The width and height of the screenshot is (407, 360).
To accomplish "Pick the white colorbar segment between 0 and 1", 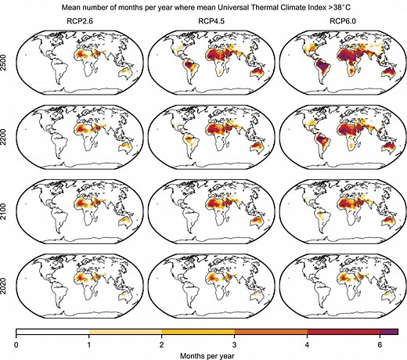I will click(x=52, y=333).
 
